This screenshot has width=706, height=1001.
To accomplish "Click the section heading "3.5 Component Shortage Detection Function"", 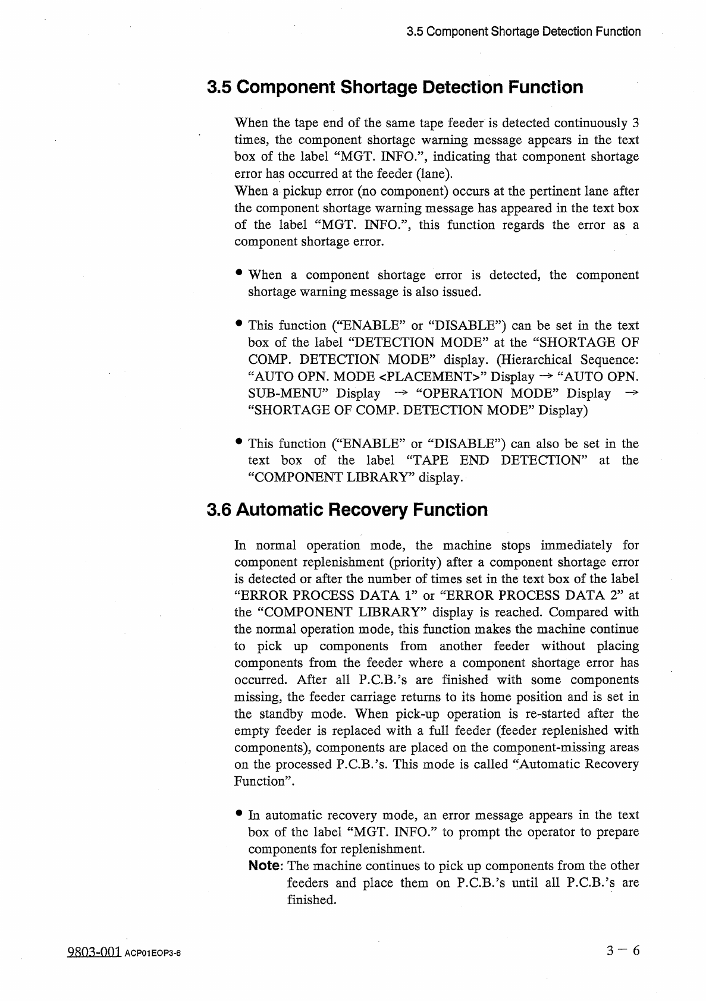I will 395,87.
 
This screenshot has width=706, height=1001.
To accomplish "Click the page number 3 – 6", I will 623,951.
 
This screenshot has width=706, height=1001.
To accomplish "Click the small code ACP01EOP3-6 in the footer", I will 152,953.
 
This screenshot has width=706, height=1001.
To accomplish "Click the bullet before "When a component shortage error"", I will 239,273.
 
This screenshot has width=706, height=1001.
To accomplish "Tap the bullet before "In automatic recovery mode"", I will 239,813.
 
